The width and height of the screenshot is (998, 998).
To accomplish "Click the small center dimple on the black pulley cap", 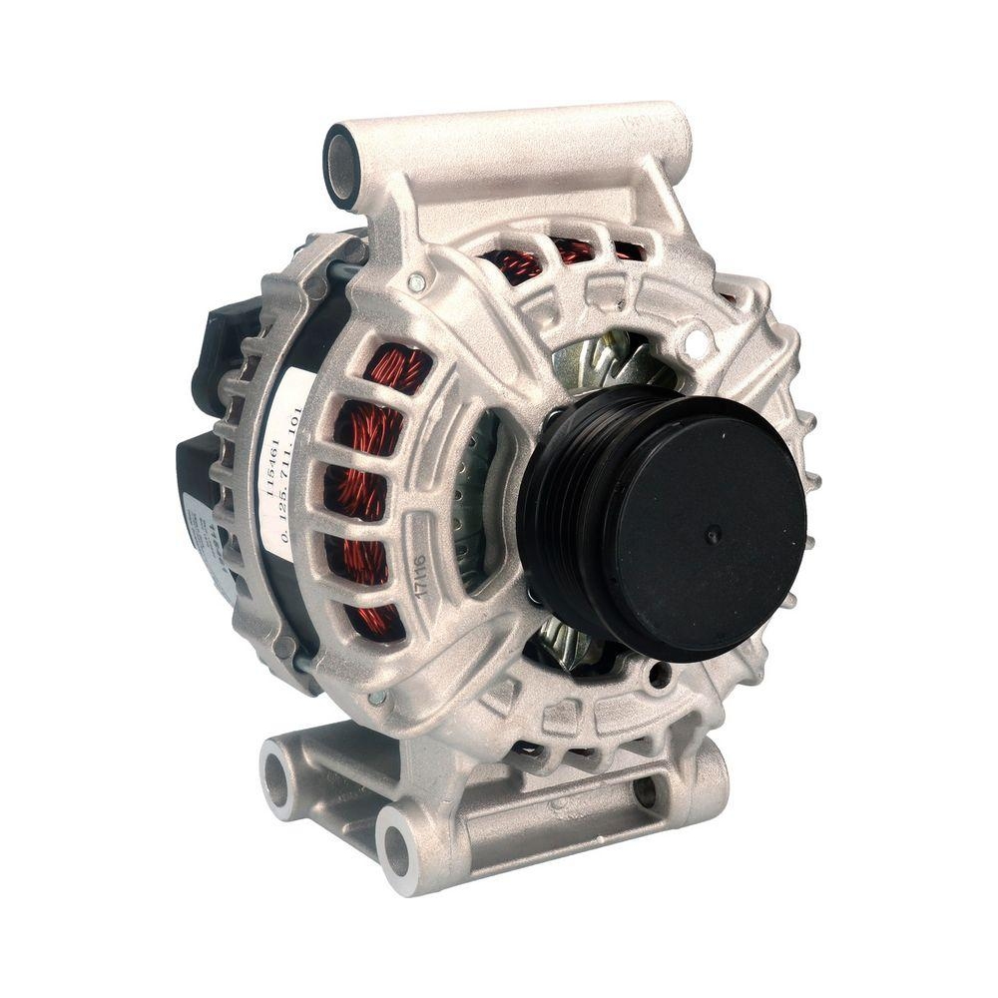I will (x=713, y=535).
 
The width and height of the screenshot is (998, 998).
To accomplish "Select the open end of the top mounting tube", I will (x=341, y=166).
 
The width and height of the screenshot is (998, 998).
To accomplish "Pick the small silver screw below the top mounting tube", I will (x=415, y=283).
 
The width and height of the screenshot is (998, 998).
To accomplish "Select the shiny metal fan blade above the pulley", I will (x=599, y=359).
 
